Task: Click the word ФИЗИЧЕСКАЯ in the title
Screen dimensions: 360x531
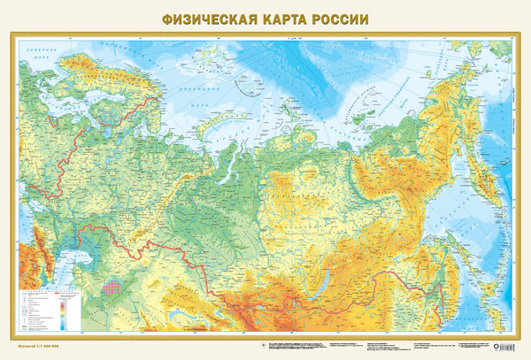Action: click(199, 17)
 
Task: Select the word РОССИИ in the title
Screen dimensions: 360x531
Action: click(340, 17)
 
